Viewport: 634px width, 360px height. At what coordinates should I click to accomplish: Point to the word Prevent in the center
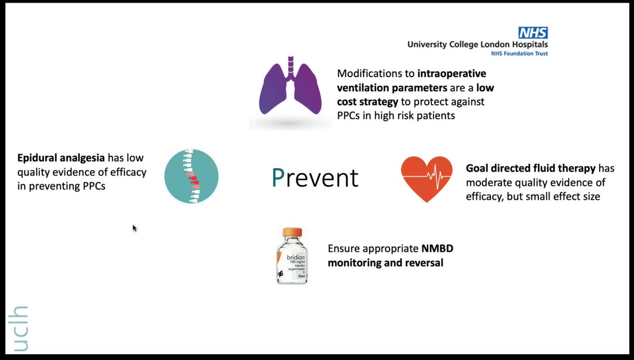point(315,178)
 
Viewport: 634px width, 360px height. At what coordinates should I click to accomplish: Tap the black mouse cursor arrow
point(134,228)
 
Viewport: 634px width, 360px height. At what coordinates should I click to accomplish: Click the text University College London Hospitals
point(477,45)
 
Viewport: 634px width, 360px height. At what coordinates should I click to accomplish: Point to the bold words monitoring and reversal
point(386,262)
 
